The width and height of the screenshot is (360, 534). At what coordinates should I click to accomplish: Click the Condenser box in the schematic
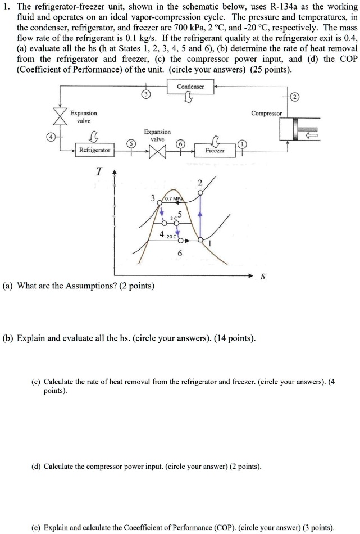click(x=190, y=87)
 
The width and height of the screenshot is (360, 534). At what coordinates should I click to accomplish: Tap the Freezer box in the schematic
click(x=215, y=151)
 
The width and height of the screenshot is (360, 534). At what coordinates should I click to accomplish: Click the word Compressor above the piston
click(x=266, y=113)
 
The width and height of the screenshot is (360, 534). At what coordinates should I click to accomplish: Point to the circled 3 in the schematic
click(x=144, y=94)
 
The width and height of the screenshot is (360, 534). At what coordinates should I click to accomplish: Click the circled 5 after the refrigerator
click(x=131, y=144)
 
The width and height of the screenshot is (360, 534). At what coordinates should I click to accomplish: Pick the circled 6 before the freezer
click(x=181, y=144)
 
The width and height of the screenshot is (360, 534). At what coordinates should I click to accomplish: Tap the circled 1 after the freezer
click(x=242, y=144)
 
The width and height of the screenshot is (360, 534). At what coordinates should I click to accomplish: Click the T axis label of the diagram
click(x=99, y=172)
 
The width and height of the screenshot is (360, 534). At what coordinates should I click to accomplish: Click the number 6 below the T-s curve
click(x=179, y=254)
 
